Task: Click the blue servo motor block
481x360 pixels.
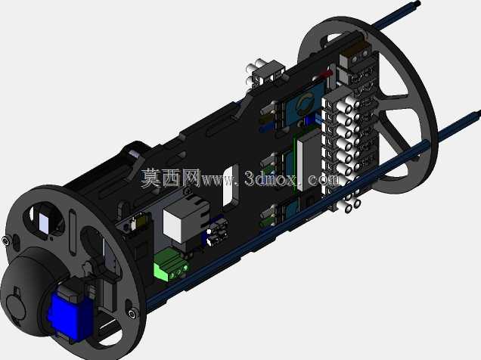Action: click(x=71, y=316)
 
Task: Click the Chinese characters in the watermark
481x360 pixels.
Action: click(x=171, y=178)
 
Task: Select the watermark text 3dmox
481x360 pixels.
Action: click(x=271, y=178)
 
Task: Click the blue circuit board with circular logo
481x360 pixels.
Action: click(x=305, y=104)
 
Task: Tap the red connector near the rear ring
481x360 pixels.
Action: click(x=325, y=74)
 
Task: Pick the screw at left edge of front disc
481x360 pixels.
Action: click(x=5, y=241)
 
